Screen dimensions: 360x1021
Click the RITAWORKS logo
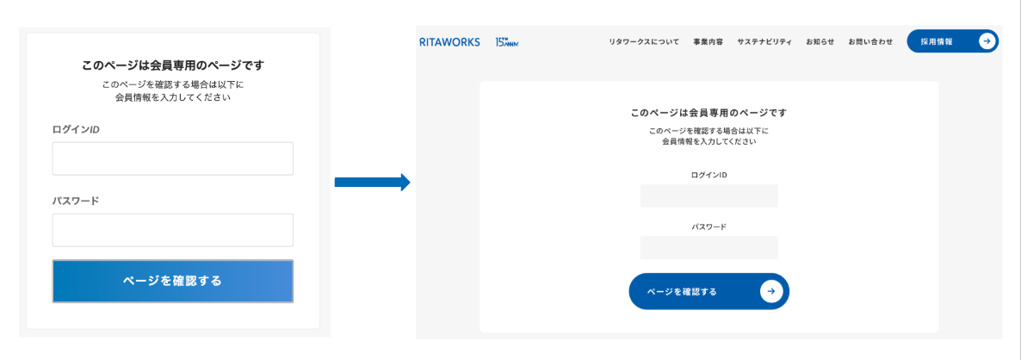pos(449,41)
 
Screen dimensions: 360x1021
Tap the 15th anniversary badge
pos(507,41)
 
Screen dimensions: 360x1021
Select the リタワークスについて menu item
pos(643,41)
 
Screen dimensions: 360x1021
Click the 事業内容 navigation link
pos(708,41)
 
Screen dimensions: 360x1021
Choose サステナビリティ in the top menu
pos(764,41)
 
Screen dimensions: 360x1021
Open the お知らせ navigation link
pos(820,41)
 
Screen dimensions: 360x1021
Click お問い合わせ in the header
pos(869,41)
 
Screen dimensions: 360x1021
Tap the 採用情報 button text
pos(936,41)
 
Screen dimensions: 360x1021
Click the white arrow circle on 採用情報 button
pos(987,40)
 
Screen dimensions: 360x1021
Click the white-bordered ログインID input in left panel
pos(172,158)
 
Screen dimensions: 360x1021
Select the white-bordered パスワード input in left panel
pos(172,230)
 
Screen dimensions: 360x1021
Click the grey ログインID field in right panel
pos(709,196)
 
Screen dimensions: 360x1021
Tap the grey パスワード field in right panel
pos(709,247)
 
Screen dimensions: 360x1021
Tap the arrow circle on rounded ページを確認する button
pos(770,291)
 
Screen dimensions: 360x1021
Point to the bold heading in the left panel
pos(172,65)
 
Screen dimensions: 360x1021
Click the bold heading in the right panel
pos(709,113)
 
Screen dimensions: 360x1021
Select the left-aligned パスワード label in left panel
pos(76,201)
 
